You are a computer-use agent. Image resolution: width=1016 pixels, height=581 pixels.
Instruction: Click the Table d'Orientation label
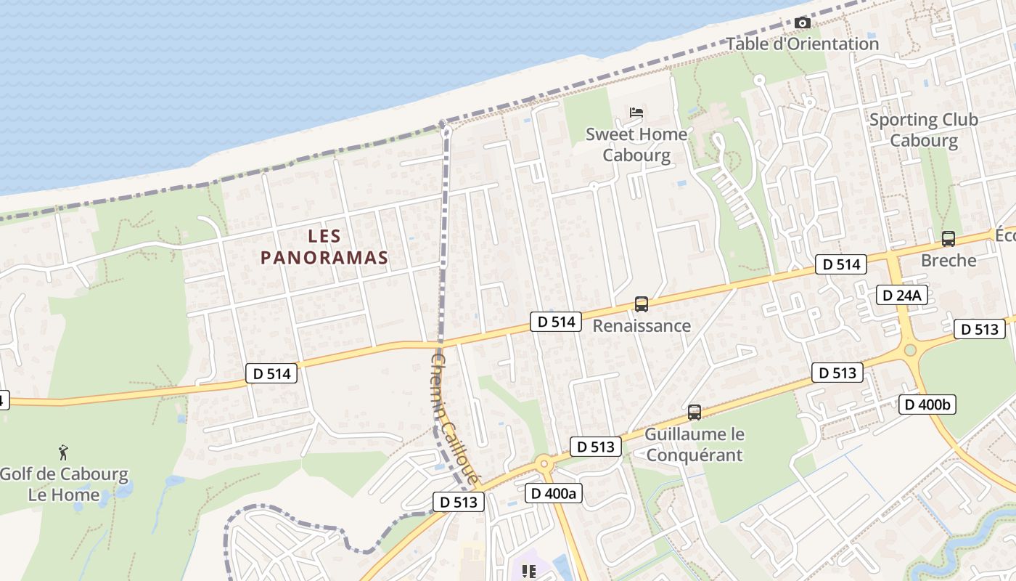click(803, 44)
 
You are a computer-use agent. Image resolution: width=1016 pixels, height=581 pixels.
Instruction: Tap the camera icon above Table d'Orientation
click(802, 23)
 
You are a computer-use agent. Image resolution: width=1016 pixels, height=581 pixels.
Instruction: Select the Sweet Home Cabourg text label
click(636, 145)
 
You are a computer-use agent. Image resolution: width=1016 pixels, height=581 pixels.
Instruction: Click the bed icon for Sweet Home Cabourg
click(636, 113)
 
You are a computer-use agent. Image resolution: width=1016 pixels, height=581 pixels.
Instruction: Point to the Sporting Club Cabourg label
click(923, 130)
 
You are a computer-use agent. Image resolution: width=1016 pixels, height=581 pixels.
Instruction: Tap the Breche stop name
click(948, 260)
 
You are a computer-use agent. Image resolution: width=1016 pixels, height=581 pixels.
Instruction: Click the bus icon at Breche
click(948, 238)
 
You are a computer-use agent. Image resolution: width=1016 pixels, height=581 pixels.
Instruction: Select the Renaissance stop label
click(642, 325)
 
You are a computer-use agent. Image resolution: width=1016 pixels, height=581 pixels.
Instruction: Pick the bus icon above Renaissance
click(641, 304)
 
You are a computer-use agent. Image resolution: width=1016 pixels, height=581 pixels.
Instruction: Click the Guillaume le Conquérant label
click(695, 444)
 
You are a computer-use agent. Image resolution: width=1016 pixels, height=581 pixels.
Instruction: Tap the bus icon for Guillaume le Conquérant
click(695, 413)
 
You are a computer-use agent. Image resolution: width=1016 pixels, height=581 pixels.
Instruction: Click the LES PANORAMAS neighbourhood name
click(324, 247)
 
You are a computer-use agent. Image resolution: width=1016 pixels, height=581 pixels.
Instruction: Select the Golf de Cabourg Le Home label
click(64, 485)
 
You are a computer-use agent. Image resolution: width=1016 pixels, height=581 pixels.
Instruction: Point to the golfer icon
click(64, 452)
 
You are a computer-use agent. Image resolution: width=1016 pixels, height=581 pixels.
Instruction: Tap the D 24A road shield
click(901, 295)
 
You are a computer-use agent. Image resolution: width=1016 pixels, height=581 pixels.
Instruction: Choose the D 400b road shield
click(926, 405)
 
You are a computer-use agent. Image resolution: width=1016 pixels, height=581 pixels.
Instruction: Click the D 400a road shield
click(553, 494)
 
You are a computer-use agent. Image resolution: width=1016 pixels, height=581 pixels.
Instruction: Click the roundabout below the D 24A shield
click(911, 351)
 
